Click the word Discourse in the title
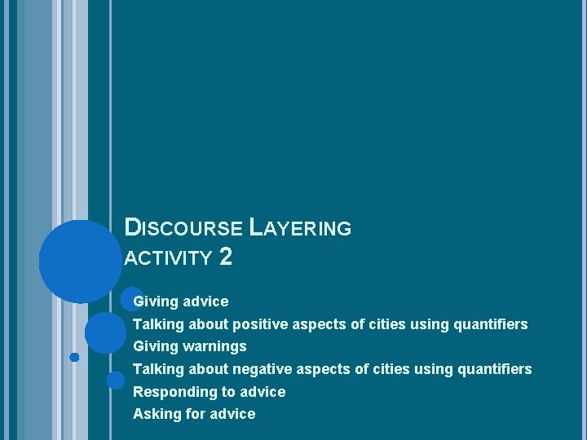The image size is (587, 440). click(184, 228)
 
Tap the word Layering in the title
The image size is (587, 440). click(301, 228)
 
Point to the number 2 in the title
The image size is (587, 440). click(226, 257)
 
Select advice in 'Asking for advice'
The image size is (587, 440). click(232, 414)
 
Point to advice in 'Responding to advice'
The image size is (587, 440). click(263, 392)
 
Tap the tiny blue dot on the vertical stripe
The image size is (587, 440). click(74, 357)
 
